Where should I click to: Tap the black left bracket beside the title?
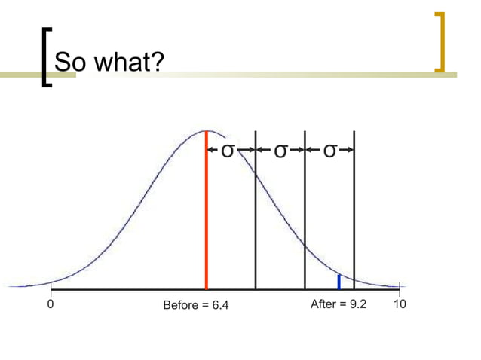tap(45, 56)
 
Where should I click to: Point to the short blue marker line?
tap(339, 282)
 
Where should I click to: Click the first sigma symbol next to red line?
tap(226, 151)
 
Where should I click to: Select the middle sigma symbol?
tap(280, 151)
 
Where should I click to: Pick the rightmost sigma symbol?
tap(329, 151)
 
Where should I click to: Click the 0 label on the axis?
tap(50, 305)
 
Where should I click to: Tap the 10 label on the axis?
tap(400, 305)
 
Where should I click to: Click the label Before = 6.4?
tap(196, 306)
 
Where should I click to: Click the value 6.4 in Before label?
tap(219, 306)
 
